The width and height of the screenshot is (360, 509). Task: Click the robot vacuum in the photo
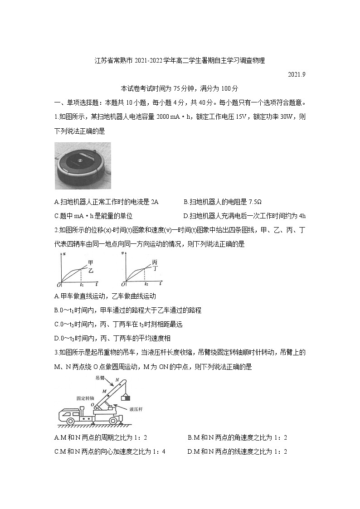point(83,166)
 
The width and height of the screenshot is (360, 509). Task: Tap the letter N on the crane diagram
point(117,380)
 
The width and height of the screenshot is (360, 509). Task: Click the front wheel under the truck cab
point(70,420)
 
